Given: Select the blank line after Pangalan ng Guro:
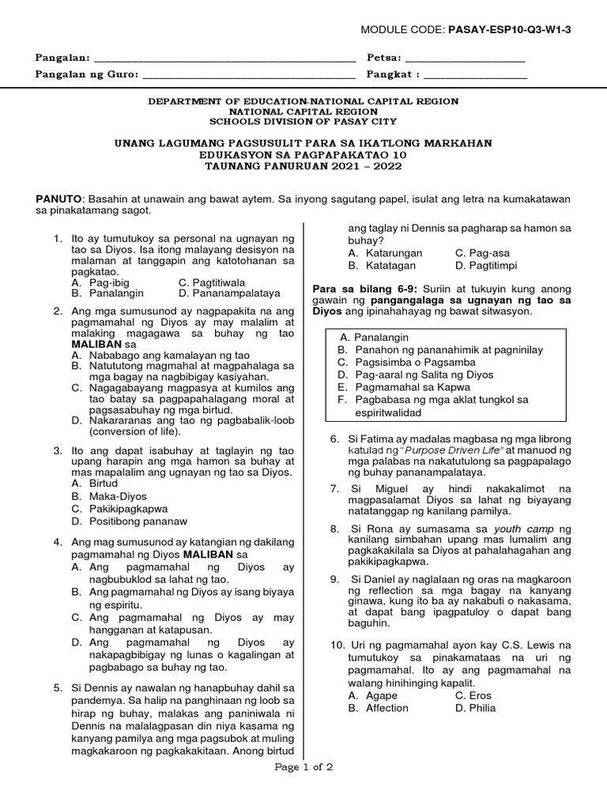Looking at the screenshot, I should pos(249,77).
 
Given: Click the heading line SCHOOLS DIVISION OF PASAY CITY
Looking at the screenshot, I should pos(303,122).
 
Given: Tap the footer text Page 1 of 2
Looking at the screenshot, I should pos(303,767).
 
